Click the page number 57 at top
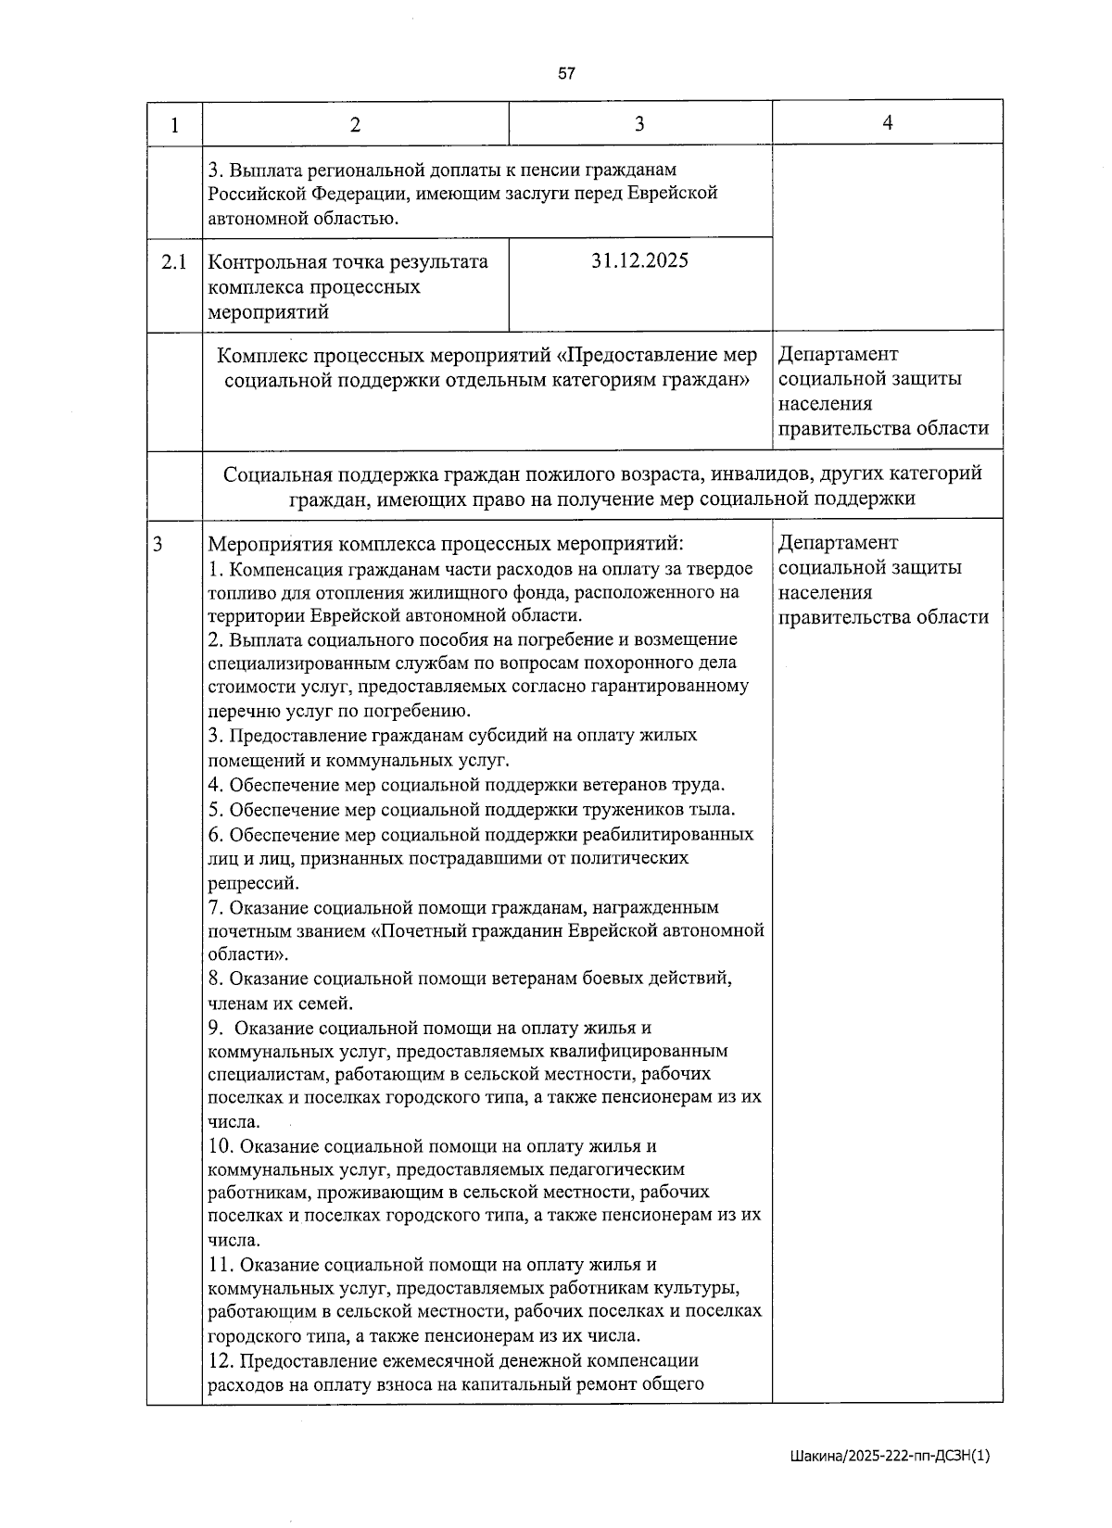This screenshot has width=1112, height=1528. point(567,74)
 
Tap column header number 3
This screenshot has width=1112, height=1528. point(639,124)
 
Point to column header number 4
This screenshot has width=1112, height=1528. point(887,123)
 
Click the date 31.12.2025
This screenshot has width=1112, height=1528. point(639,260)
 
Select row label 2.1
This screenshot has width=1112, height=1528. point(174,262)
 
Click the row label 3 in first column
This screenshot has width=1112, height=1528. point(158,544)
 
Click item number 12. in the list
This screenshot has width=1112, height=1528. point(221,1361)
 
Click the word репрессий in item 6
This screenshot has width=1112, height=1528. point(251,883)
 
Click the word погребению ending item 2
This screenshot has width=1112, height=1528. point(428,712)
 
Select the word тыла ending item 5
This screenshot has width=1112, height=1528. point(714,809)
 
